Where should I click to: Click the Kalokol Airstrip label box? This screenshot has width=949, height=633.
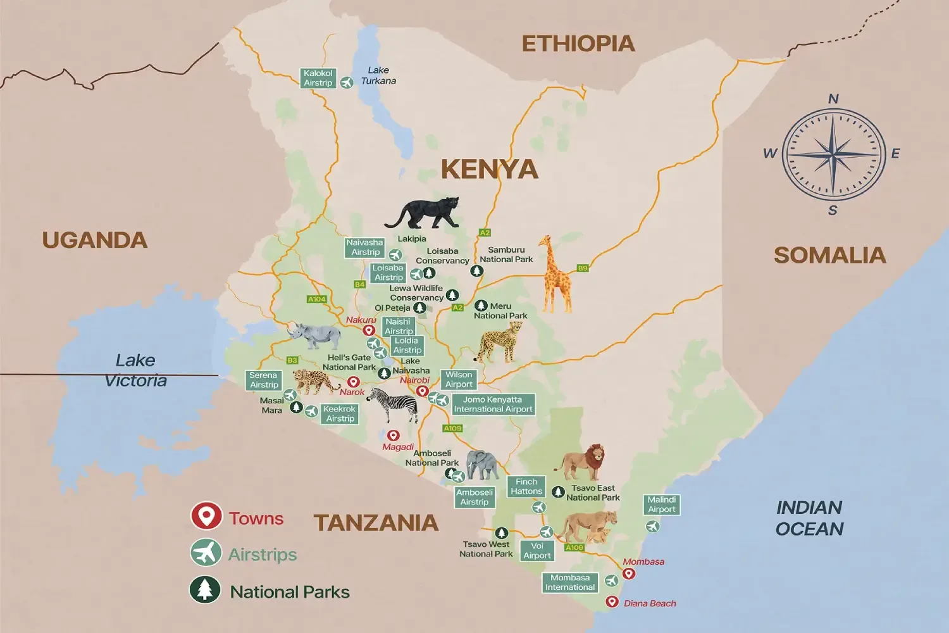(318, 78)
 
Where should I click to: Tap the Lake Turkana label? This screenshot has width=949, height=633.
(378, 75)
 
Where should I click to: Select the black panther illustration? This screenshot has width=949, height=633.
(423, 213)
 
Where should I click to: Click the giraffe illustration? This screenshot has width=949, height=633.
(555, 275)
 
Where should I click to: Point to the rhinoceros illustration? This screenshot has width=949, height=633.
(314, 335)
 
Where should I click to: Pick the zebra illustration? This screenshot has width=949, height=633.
(394, 404)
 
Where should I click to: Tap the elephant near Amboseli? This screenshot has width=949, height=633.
(482, 465)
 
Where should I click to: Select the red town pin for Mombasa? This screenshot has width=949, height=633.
(628, 573)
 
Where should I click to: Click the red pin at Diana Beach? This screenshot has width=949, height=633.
(612, 601)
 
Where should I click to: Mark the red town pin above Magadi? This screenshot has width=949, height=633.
(393, 436)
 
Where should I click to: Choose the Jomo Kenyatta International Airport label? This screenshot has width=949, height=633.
(493, 404)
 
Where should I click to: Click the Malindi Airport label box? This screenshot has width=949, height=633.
(662, 505)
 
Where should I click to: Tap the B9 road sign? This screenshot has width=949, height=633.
(583, 268)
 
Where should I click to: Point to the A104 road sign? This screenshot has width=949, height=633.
(316, 299)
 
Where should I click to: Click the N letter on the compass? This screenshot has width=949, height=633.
(833, 99)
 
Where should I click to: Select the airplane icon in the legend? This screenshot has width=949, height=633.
(206, 553)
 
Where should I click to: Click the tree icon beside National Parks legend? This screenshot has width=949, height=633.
(205, 589)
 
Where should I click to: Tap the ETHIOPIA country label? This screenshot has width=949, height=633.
(578, 44)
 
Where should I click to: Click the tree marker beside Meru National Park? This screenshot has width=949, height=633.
(481, 306)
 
